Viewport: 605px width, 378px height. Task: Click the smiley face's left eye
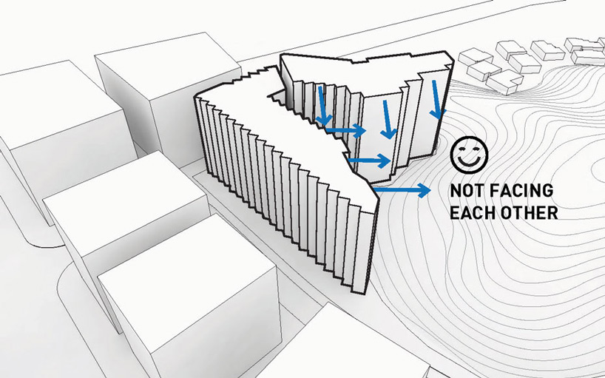pyautogui.click(x=462, y=149)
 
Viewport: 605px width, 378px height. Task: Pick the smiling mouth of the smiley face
pyautogui.click(x=469, y=160)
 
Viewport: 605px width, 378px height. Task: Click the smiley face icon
pyautogui.click(x=469, y=155)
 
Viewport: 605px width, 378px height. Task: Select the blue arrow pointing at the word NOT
pyautogui.click(x=402, y=190)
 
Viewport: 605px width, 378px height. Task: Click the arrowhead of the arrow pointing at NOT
pyautogui.click(x=425, y=190)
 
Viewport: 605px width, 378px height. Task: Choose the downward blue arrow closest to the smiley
pyautogui.click(x=436, y=99)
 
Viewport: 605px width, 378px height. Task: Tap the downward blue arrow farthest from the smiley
pyautogui.click(x=323, y=106)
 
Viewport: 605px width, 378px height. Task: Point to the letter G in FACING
pyautogui.click(x=547, y=191)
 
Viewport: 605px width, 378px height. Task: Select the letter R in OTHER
pyautogui.click(x=552, y=212)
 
